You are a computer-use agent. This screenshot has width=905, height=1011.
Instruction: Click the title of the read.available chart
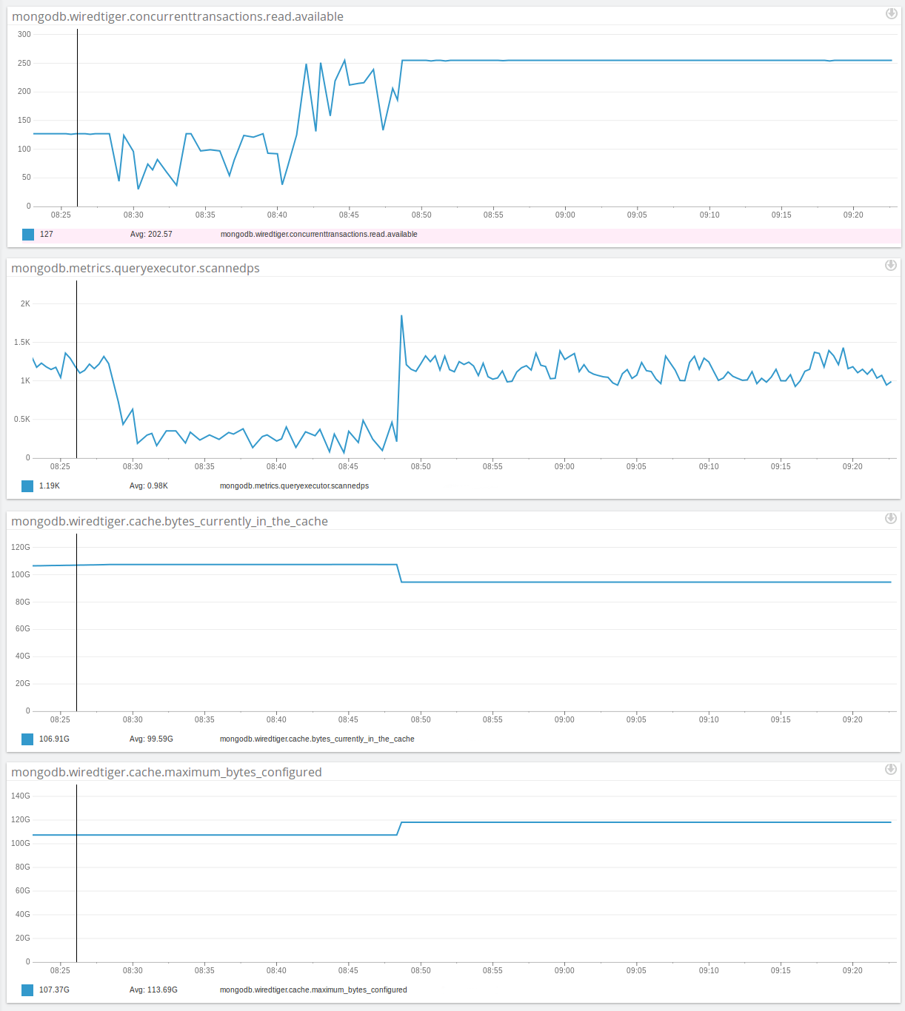[x=178, y=16]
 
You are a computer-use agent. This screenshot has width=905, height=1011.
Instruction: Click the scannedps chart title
[x=136, y=268]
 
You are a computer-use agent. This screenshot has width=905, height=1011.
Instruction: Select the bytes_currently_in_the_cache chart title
[x=170, y=521]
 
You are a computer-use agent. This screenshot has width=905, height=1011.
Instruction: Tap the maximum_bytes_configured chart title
[x=167, y=772]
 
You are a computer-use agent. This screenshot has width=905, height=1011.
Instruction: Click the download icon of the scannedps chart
[x=891, y=265]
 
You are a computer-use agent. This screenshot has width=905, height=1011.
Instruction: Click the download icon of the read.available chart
[x=892, y=13]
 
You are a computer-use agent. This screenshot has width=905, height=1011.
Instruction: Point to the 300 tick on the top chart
[x=24, y=34]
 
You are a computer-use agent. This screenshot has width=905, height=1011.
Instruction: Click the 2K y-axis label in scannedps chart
[x=25, y=303]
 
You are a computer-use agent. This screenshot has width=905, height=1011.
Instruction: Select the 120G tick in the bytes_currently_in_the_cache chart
[x=21, y=547]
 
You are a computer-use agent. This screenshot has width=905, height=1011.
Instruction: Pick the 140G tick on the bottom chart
[x=21, y=796]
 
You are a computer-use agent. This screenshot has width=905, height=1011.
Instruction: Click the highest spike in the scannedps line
[x=401, y=316]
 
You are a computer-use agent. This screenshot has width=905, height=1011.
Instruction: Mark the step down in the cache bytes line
[x=400, y=574]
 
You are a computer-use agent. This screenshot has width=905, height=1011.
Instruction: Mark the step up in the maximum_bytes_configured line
[x=400, y=828]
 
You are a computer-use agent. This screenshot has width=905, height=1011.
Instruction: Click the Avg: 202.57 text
[x=151, y=234]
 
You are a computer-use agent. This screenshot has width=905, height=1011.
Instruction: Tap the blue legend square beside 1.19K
[x=27, y=486]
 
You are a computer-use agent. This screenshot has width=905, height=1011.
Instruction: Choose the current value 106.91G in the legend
[x=54, y=739]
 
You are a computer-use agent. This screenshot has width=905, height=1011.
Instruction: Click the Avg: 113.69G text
[x=153, y=990]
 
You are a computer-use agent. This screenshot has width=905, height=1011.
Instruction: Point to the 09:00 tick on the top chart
[x=565, y=215]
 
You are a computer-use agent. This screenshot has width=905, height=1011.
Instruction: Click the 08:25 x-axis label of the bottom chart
[x=60, y=970]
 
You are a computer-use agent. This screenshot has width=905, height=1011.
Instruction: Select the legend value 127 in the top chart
[x=47, y=234]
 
